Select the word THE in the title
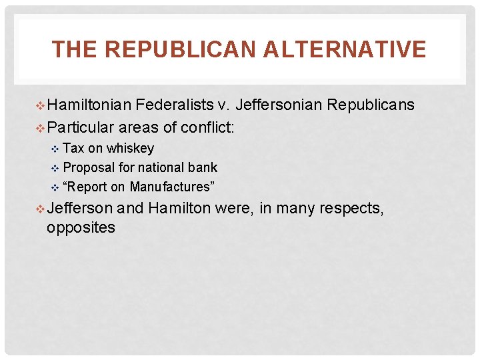pyautogui.click(x=75, y=49)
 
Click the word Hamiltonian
pyautogui.click(x=89, y=105)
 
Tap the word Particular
pyautogui.click(x=81, y=127)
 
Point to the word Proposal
pyautogui.click(x=89, y=167)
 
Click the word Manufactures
pyautogui.click(x=171, y=187)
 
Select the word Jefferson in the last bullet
pyautogui.click(x=80, y=208)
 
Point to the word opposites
pyautogui.click(x=81, y=227)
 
